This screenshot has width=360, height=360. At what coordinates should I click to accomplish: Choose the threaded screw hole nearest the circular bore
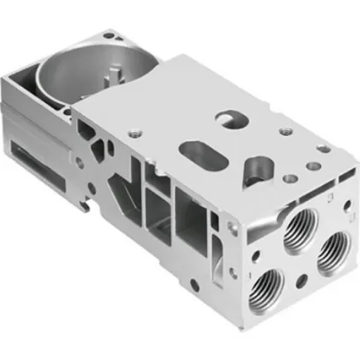pyautogui.click(x=131, y=131)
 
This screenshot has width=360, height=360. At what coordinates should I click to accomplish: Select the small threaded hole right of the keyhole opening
pyautogui.click(x=285, y=131)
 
